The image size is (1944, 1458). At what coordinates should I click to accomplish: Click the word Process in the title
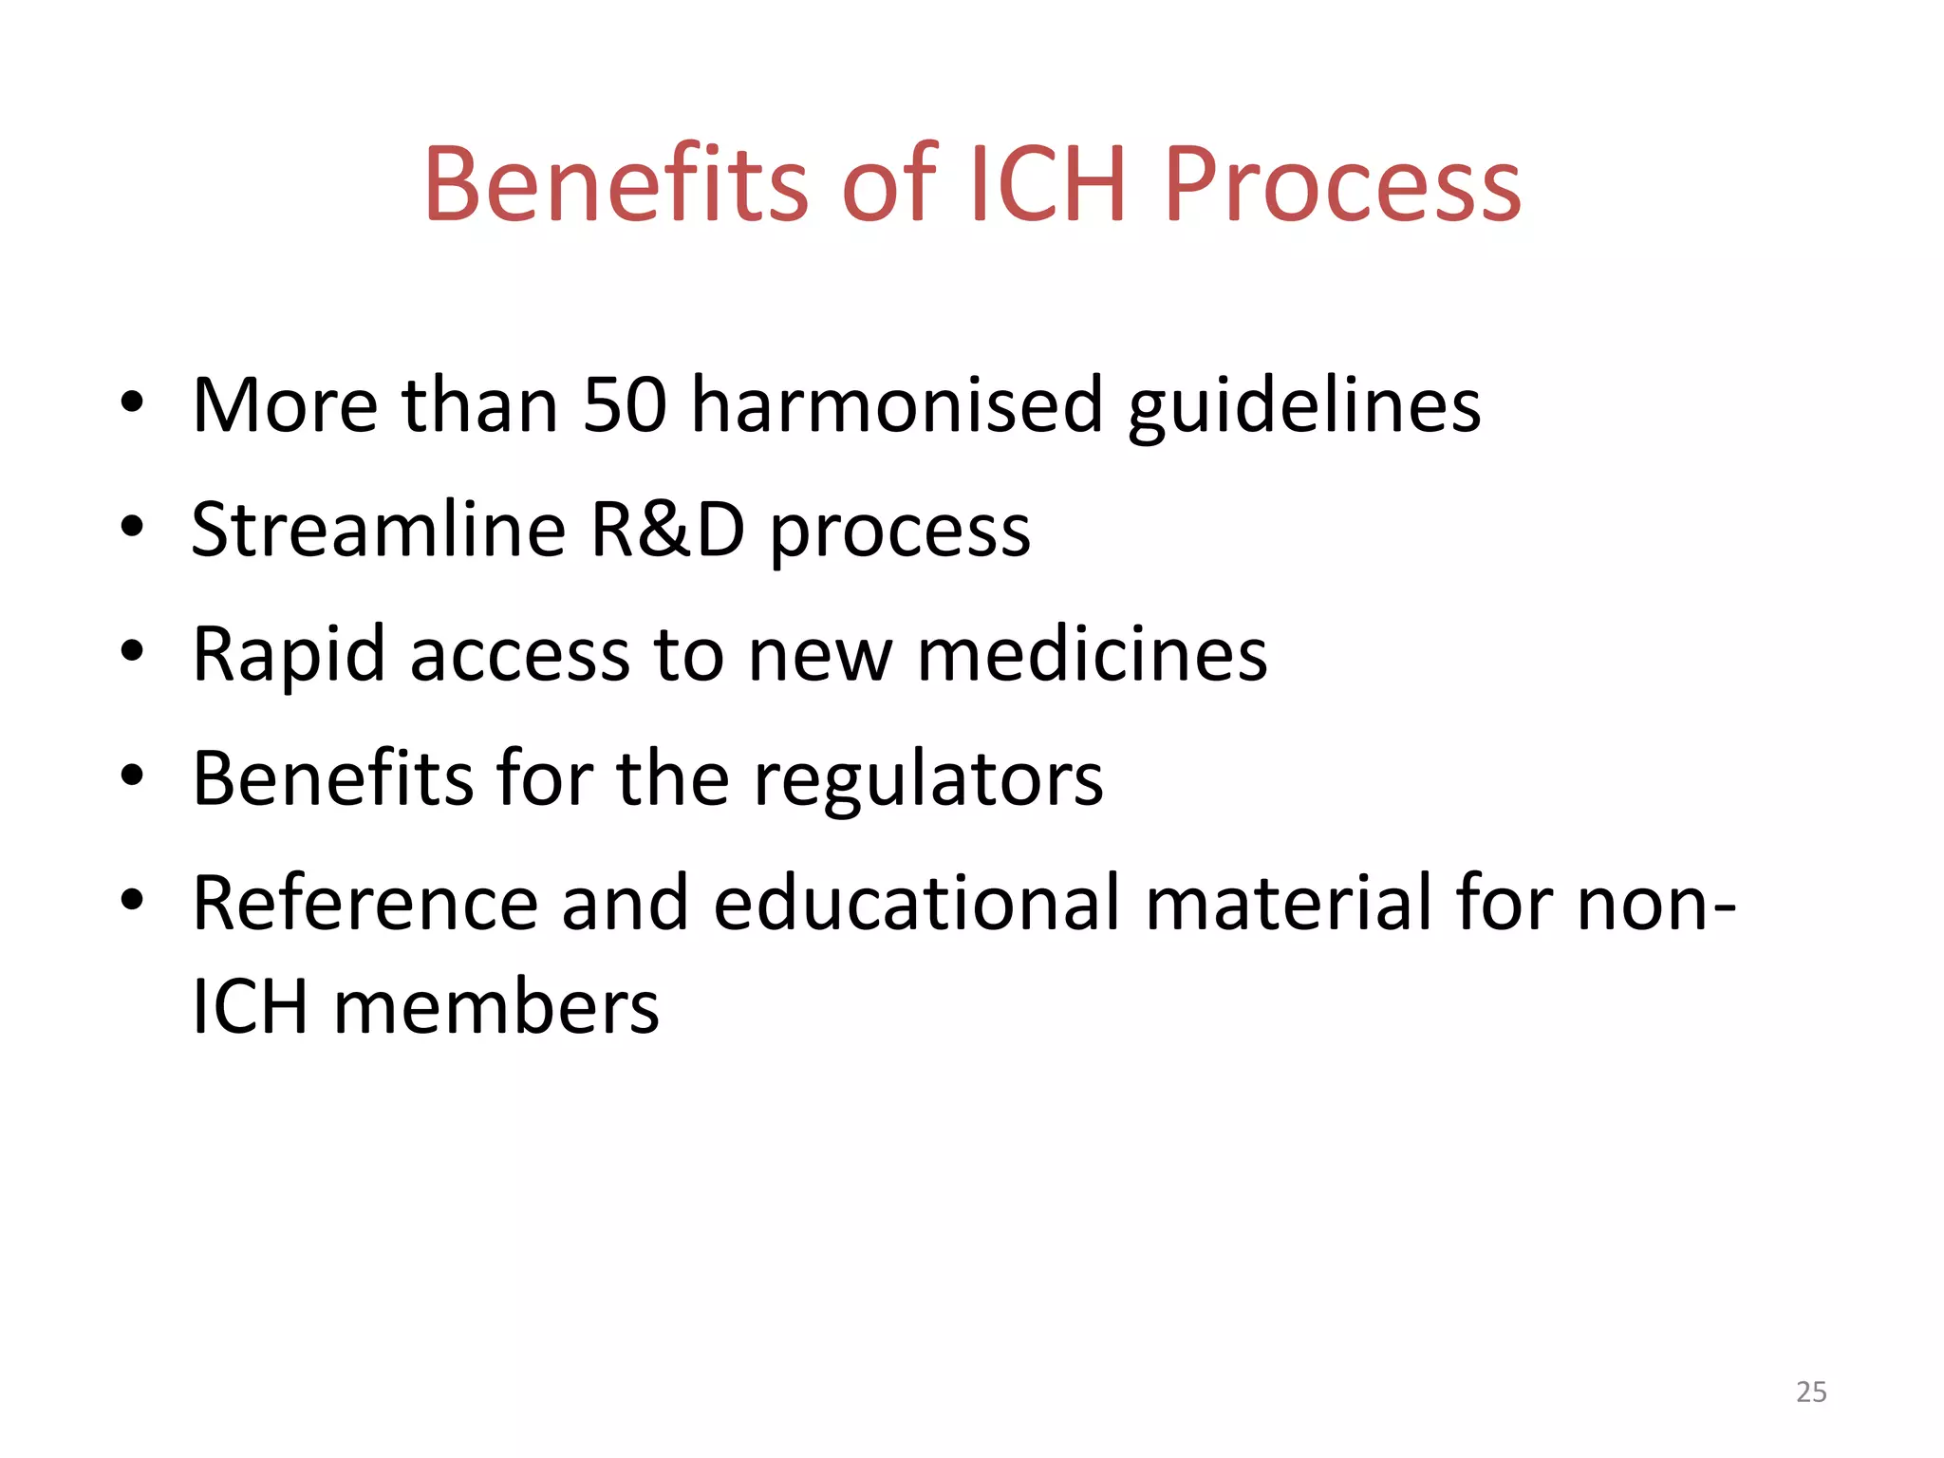tap(1341, 185)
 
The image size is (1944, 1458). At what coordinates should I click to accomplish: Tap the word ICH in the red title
tap(1048, 185)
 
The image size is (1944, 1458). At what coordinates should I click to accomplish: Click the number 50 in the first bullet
tap(625, 405)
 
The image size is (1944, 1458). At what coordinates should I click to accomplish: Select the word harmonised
tap(897, 405)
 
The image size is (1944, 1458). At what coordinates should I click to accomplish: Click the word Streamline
tap(379, 529)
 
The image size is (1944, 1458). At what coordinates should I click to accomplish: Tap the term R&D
tap(667, 529)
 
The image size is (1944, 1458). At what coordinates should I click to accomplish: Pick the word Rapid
tap(289, 655)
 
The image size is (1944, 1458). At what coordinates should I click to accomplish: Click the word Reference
tap(365, 903)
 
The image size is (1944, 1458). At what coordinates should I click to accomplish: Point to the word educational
tap(917, 903)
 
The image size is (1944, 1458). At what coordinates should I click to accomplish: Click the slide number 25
tap(1811, 1392)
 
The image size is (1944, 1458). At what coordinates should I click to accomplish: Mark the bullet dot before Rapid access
tap(132, 651)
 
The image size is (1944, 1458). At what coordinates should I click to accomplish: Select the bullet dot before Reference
tap(132, 900)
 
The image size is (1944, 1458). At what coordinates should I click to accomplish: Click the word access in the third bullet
tap(519, 655)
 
